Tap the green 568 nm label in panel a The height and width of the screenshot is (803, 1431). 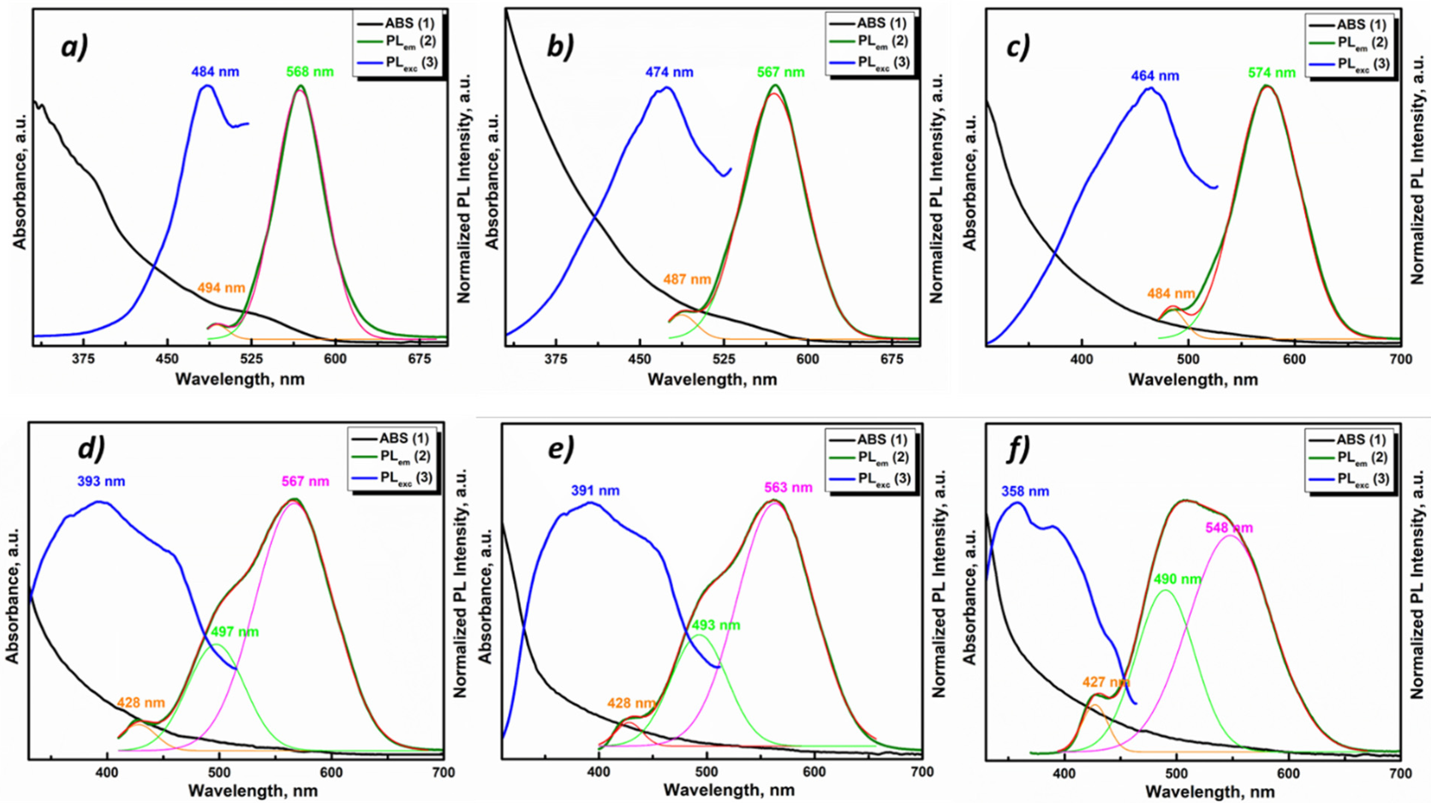(310, 72)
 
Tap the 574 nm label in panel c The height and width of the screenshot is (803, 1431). (1272, 73)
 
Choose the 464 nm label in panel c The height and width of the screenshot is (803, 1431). (1155, 76)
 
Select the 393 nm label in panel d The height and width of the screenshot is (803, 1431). (101, 481)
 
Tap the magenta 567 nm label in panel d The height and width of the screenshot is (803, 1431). (305, 481)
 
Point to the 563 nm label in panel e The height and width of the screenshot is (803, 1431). (788, 488)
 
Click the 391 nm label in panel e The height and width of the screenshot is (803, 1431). (595, 491)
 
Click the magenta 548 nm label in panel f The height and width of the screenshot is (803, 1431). (1229, 528)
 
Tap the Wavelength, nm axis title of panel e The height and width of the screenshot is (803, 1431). (729, 790)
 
